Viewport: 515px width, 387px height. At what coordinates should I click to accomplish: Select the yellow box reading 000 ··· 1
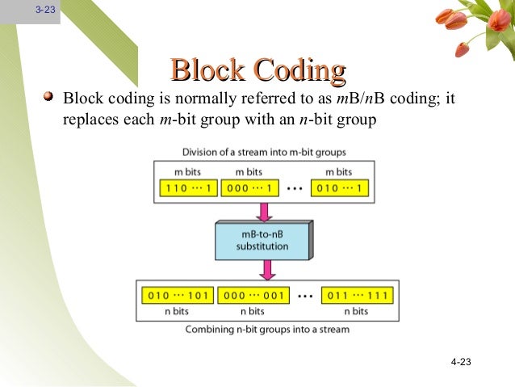(x=249, y=190)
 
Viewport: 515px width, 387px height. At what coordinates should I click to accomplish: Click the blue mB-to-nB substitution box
(x=262, y=240)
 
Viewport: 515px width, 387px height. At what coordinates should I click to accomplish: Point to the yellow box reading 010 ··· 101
(x=175, y=295)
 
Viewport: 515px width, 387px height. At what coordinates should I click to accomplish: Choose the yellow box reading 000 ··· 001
(x=252, y=295)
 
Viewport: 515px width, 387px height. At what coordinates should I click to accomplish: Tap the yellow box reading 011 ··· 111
(x=356, y=295)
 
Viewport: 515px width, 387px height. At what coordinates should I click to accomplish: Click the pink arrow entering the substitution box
(x=262, y=211)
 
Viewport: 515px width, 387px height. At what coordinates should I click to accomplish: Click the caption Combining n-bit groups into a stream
(x=267, y=329)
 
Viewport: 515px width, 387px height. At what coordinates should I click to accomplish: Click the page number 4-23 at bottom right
(x=460, y=362)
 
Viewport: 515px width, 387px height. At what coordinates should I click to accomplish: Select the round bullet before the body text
(x=50, y=98)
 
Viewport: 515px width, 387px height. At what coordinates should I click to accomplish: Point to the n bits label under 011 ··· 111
(x=356, y=311)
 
